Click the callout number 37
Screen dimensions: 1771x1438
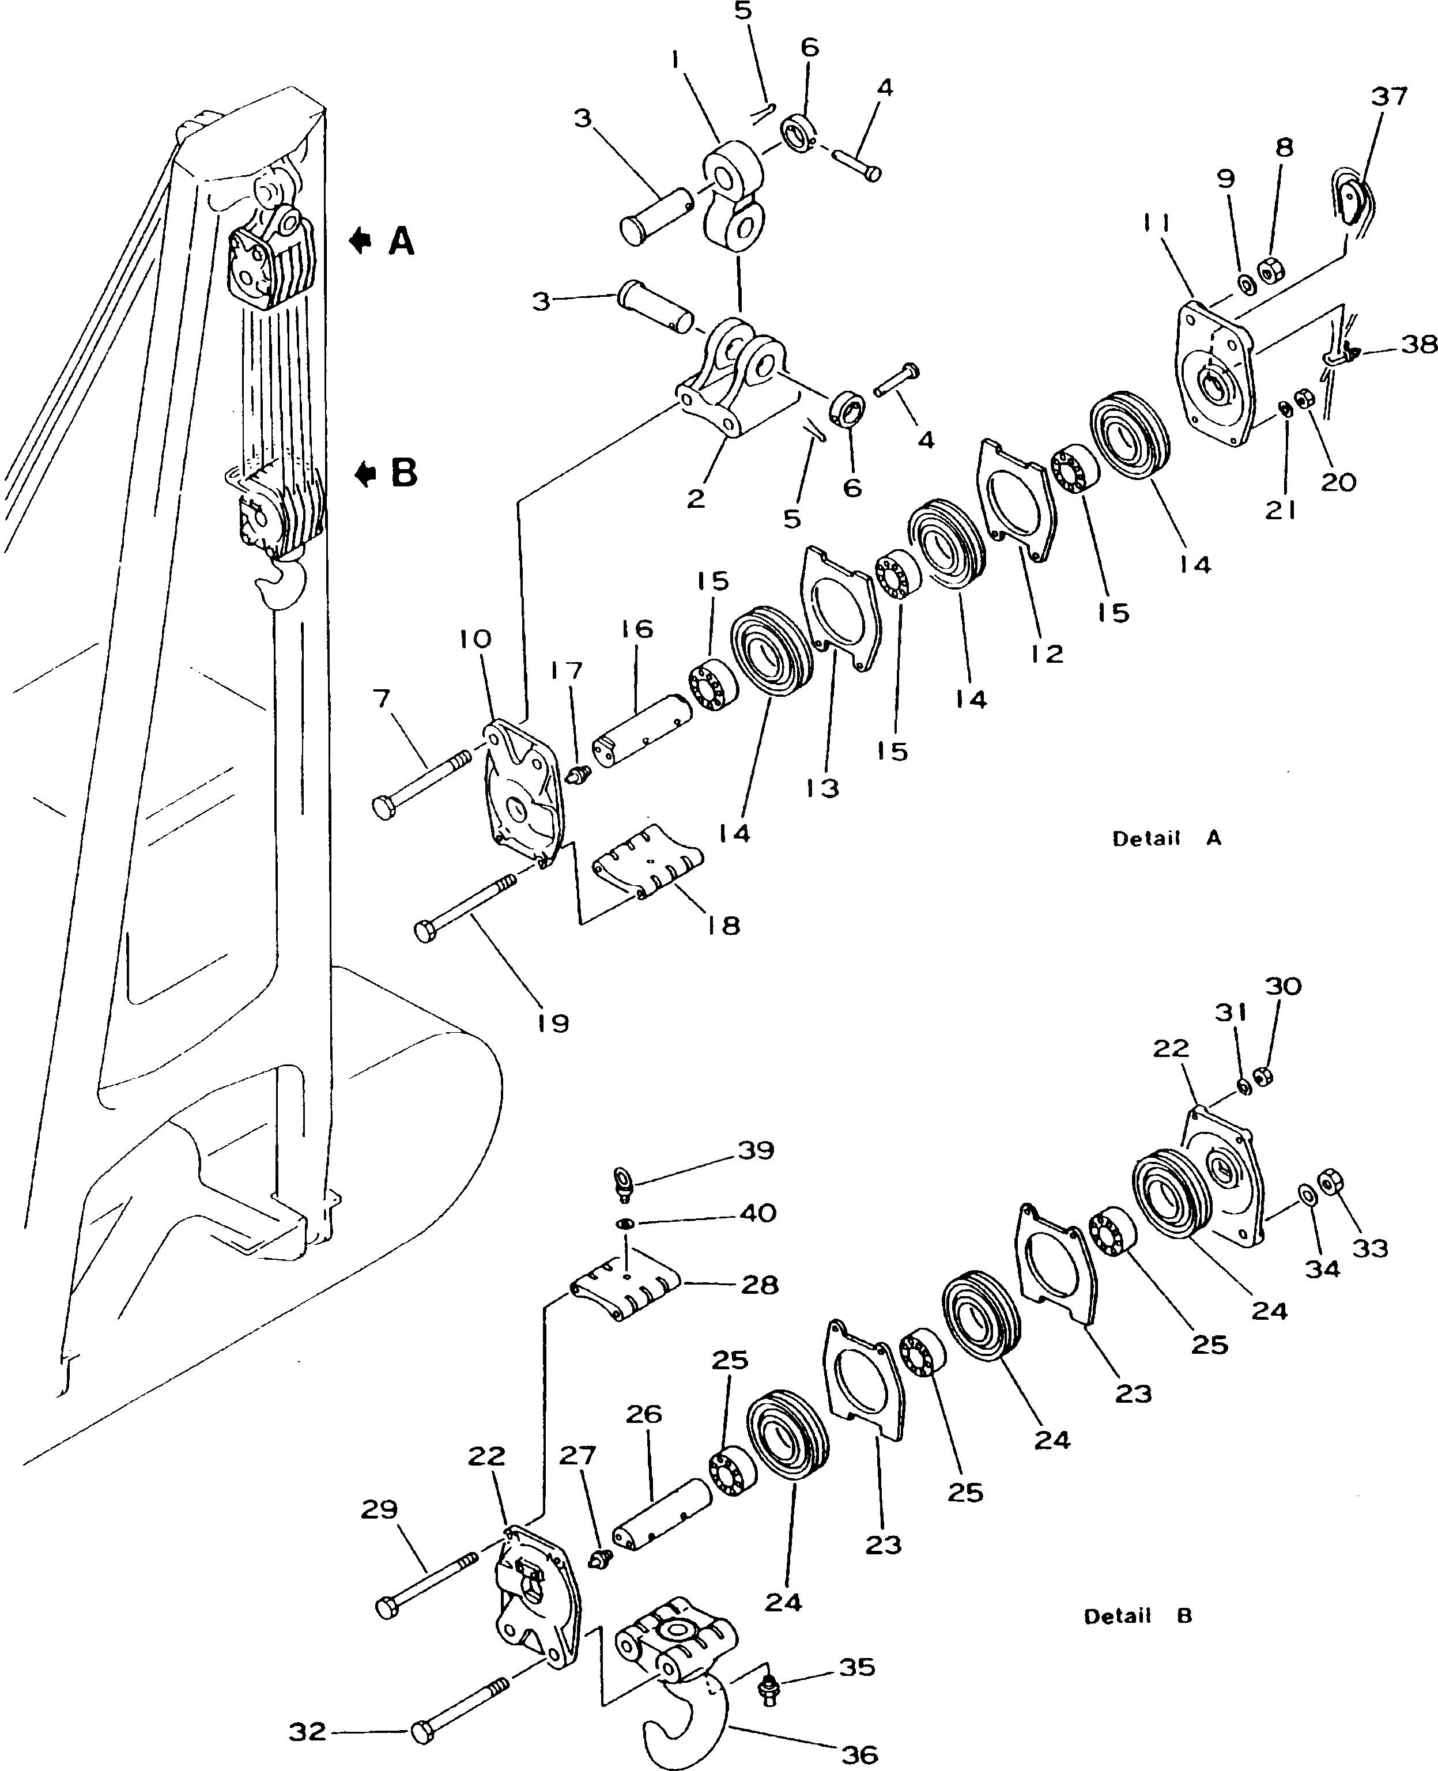(x=1389, y=97)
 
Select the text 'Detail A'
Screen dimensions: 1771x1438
(x=1167, y=839)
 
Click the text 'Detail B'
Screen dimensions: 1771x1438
(x=1137, y=1615)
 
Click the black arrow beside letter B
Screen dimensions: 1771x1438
(x=364, y=474)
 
